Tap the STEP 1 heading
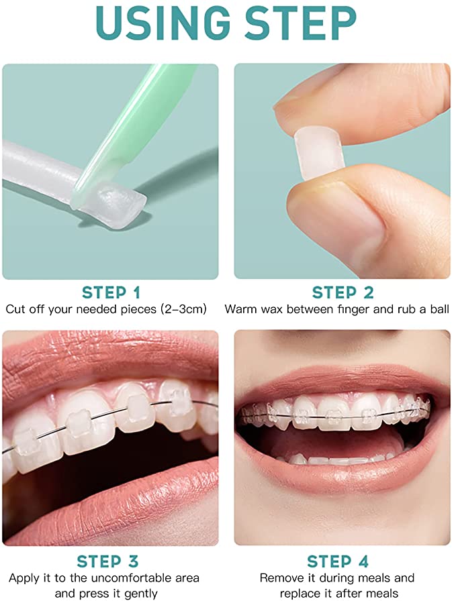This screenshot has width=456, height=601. [x=111, y=292]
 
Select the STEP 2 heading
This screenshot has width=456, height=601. [x=343, y=292]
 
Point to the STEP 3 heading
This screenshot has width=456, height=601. [x=111, y=561]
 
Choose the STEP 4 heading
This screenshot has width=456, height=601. [x=343, y=561]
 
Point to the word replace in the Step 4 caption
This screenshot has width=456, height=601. [x=302, y=593]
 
